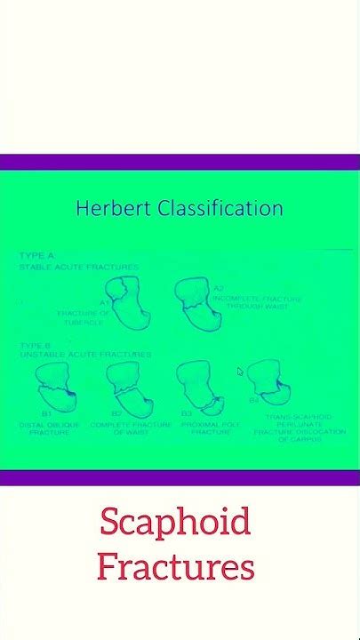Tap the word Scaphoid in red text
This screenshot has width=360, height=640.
[x=175, y=522]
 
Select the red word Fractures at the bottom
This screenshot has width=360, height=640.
[x=176, y=566]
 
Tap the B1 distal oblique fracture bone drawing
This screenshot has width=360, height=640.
[x=56, y=388]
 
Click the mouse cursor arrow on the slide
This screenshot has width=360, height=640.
[x=240, y=372]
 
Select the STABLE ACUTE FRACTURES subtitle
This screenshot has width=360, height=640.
[x=78, y=266]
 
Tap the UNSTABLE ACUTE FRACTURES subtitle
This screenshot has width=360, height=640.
[x=85, y=355]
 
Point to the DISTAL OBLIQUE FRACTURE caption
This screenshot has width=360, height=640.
[x=50, y=428]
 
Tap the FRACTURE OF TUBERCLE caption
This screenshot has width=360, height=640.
[x=84, y=317]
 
